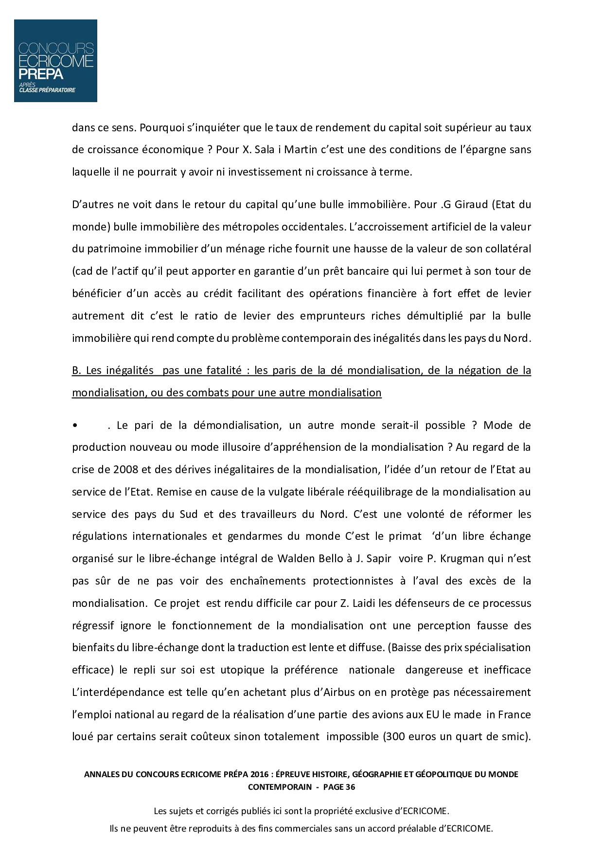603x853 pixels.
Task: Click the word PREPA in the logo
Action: pyautogui.click(x=41, y=74)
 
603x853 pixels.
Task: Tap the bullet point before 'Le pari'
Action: pyautogui.click(x=75, y=426)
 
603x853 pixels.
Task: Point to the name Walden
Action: pyautogui.click(x=297, y=558)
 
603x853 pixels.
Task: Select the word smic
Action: pyautogui.click(x=516, y=736)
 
